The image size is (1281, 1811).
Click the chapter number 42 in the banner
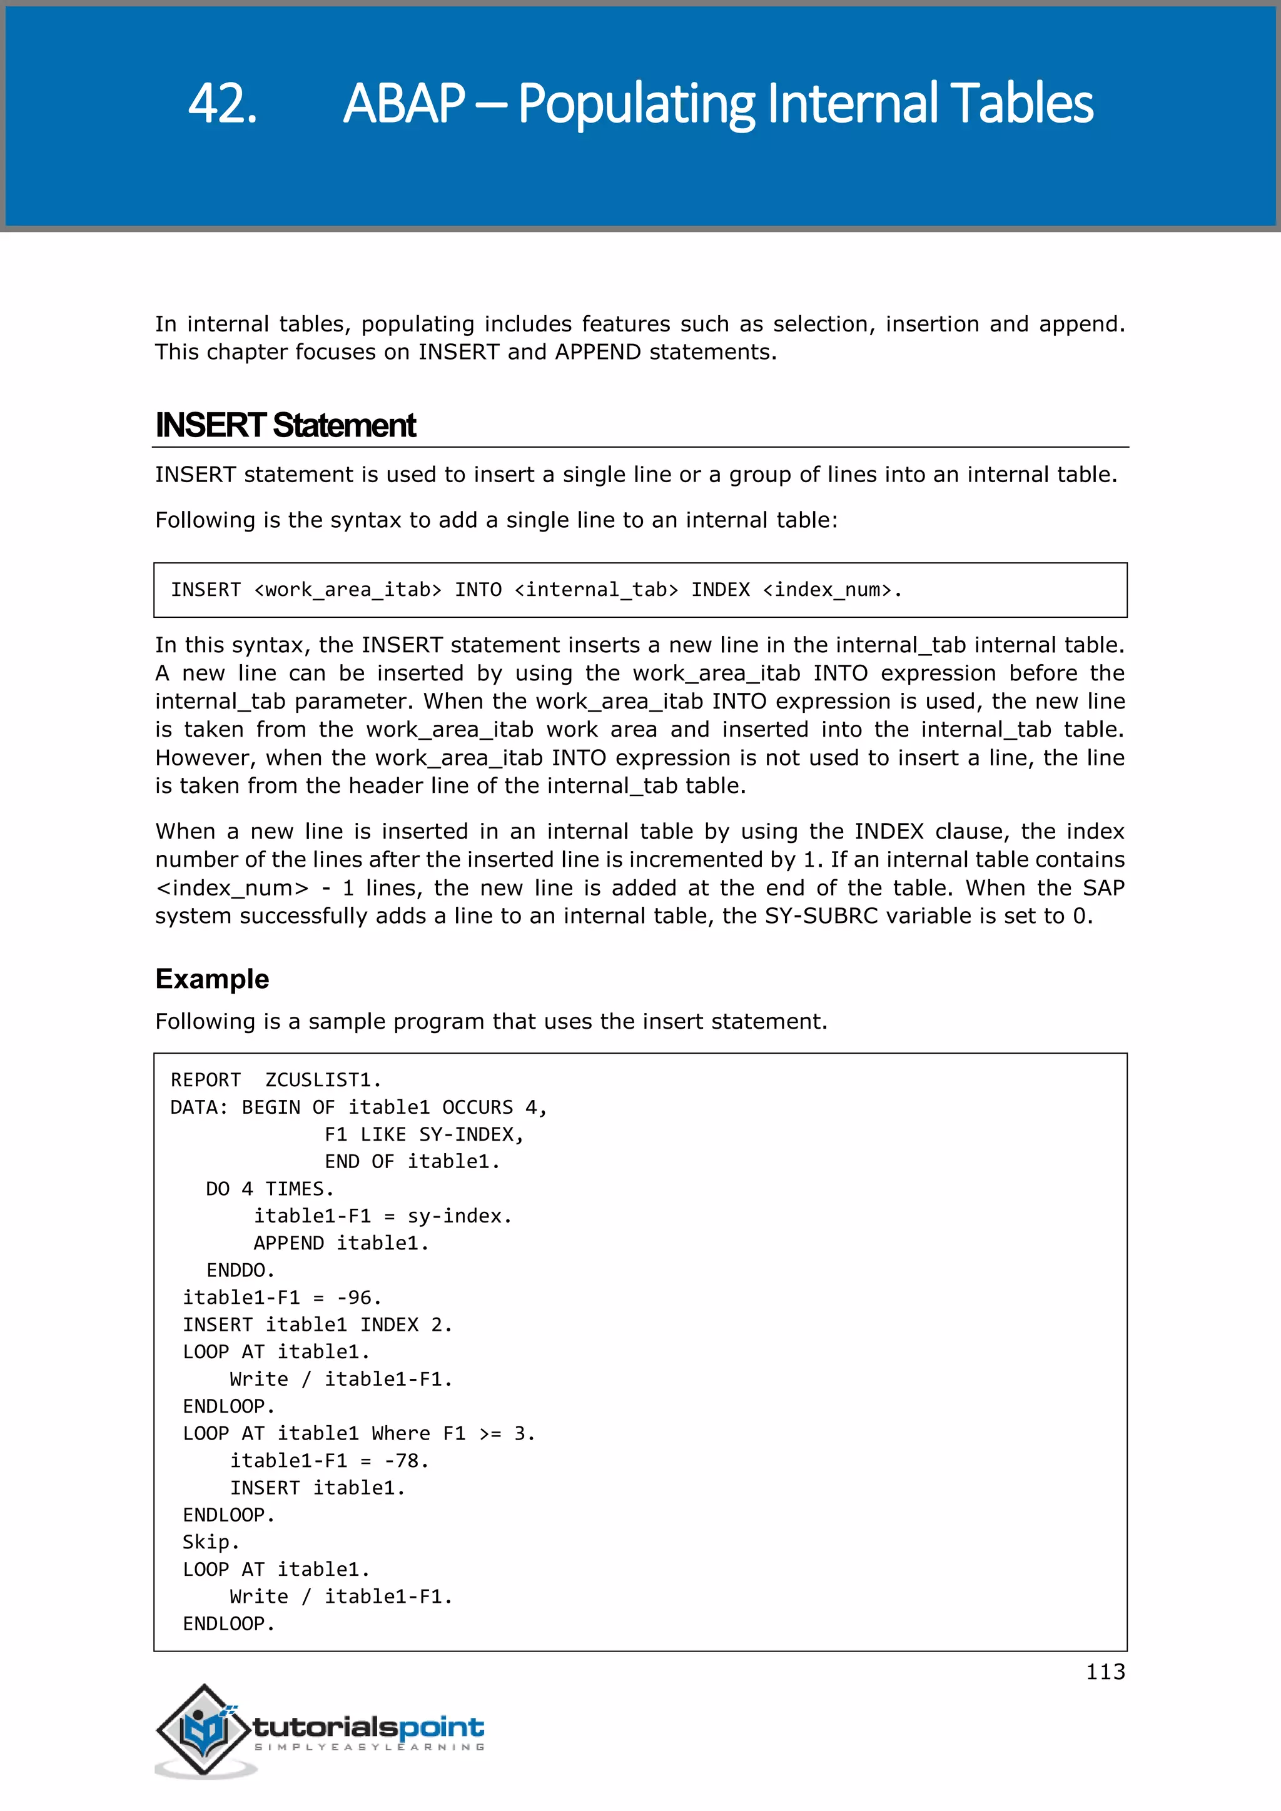(223, 104)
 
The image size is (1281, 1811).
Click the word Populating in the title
(635, 104)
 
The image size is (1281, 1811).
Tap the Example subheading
(212, 978)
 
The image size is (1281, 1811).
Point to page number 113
(1105, 1672)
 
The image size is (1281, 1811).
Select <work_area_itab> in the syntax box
(347, 590)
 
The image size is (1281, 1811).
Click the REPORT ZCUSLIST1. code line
(275, 1080)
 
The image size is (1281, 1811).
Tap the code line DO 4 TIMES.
(270, 1189)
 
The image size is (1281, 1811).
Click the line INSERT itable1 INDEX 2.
(317, 1324)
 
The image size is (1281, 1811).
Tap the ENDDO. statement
(240, 1270)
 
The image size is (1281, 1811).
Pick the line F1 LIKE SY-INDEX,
(423, 1134)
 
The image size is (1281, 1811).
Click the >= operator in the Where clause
(490, 1433)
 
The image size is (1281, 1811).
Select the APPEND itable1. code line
(340, 1243)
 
